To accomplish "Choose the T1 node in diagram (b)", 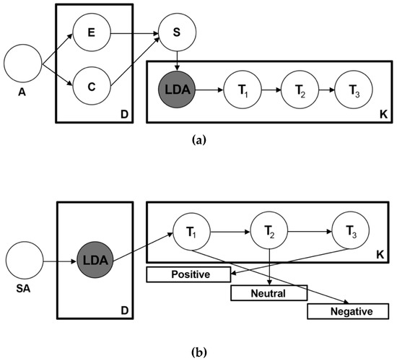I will click(x=191, y=233).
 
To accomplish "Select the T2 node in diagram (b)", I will click(x=269, y=233).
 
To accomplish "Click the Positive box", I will click(x=190, y=274).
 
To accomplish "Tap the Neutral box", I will click(x=269, y=293).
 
